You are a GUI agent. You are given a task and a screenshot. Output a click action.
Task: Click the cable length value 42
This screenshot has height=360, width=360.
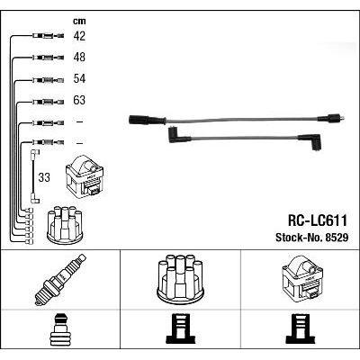click(79, 36)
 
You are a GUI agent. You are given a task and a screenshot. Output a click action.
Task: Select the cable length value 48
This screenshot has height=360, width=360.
click(79, 57)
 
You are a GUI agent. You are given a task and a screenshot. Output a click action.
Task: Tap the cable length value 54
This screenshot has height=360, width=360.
click(79, 78)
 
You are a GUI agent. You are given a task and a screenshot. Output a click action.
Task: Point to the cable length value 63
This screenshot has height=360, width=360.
click(79, 100)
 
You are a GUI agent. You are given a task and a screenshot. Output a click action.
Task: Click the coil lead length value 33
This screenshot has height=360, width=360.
click(44, 177)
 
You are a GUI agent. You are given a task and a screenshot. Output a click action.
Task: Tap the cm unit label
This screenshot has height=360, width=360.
click(79, 21)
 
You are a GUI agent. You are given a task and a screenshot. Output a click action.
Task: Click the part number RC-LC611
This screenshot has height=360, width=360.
click(318, 220)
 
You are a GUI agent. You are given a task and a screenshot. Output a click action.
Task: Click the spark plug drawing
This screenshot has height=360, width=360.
click(60, 279)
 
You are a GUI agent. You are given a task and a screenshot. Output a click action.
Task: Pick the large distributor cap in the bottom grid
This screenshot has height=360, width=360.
click(180, 278)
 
